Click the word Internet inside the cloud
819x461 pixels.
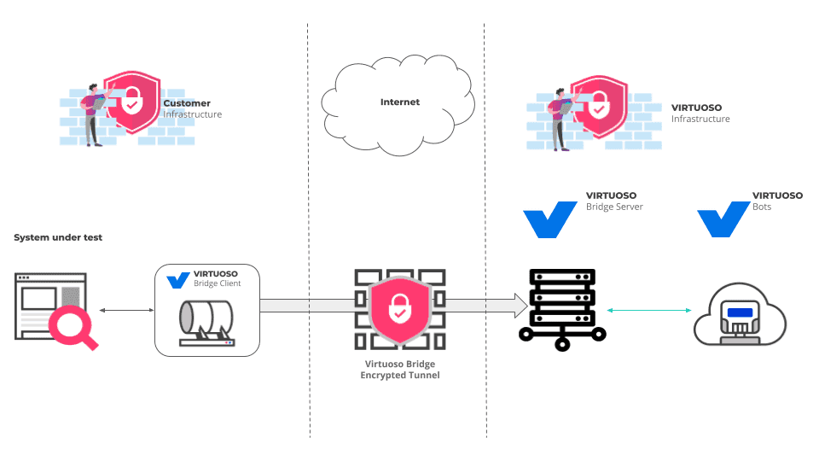click(399, 102)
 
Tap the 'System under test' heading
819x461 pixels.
click(58, 237)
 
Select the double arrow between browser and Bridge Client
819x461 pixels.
click(127, 311)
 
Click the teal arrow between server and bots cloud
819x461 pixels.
click(649, 311)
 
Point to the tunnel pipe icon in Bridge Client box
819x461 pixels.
click(206, 324)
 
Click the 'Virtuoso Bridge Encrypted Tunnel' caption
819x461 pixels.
click(400, 370)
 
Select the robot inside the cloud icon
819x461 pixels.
click(740, 320)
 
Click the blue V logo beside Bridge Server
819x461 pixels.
click(550, 219)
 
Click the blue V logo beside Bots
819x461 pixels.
click(724, 219)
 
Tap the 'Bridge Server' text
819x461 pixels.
click(614, 207)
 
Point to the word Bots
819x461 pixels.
click(762, 207)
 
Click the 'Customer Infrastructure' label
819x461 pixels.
click(192, 108)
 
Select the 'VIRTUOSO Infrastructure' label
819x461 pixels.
click(700, 114)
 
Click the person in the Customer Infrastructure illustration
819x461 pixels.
click(95, 114)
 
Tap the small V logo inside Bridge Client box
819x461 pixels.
click(178, 281)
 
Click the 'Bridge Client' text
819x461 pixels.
click(218, 283)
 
